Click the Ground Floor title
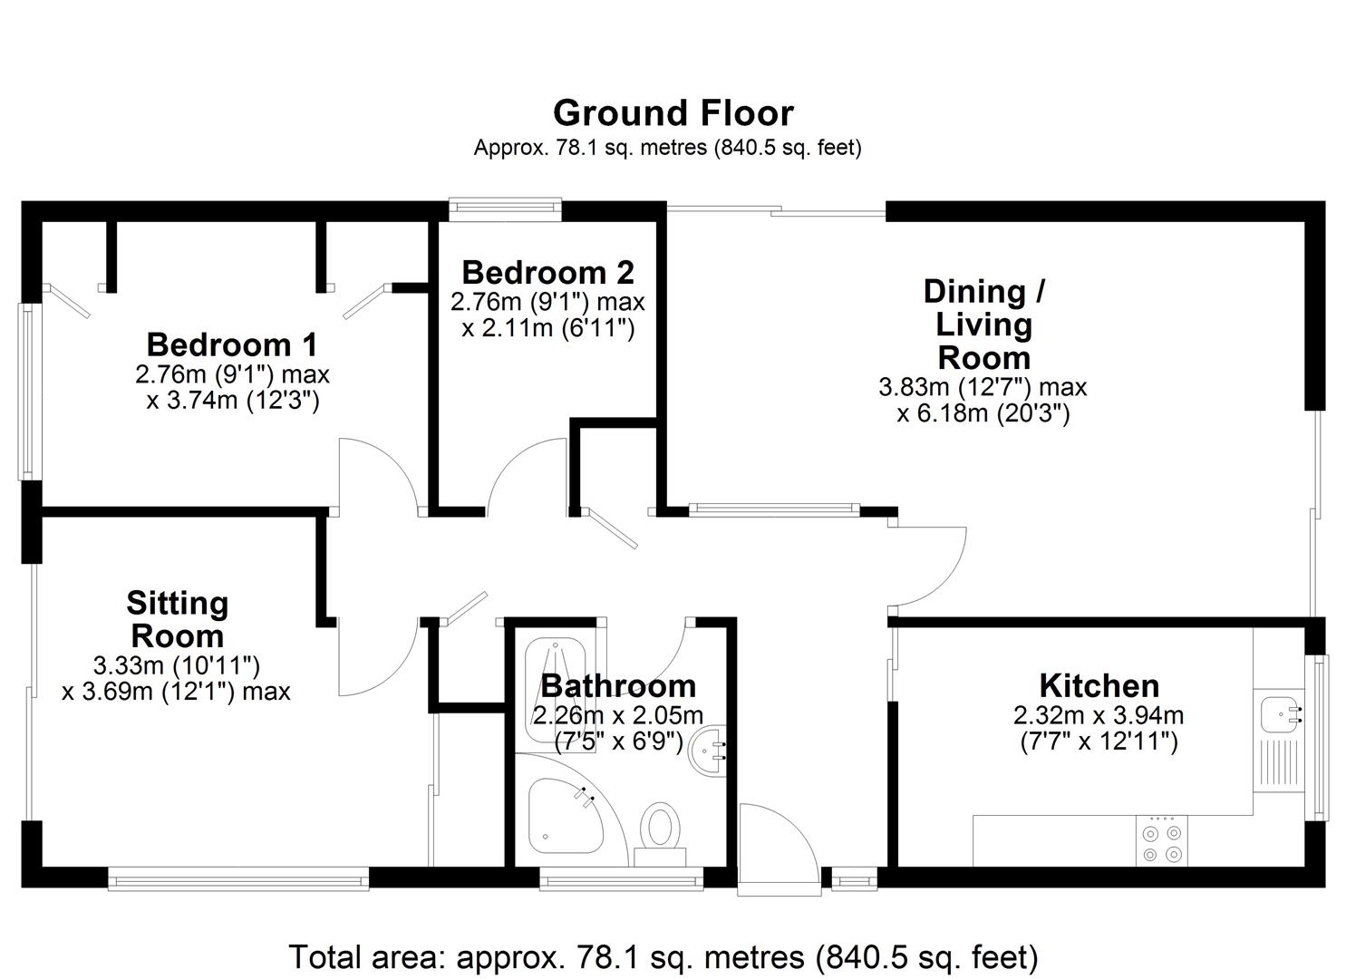673,113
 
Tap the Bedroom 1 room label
232,344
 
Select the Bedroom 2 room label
547,272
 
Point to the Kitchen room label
1099,685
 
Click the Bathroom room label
618,685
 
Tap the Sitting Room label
177,619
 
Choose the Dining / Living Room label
983,324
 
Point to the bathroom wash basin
709,749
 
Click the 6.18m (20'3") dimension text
983,414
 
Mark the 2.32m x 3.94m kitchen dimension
1099,715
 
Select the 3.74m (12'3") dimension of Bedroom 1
233,400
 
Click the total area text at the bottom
663,956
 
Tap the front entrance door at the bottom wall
780,848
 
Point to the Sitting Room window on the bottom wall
238,877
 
